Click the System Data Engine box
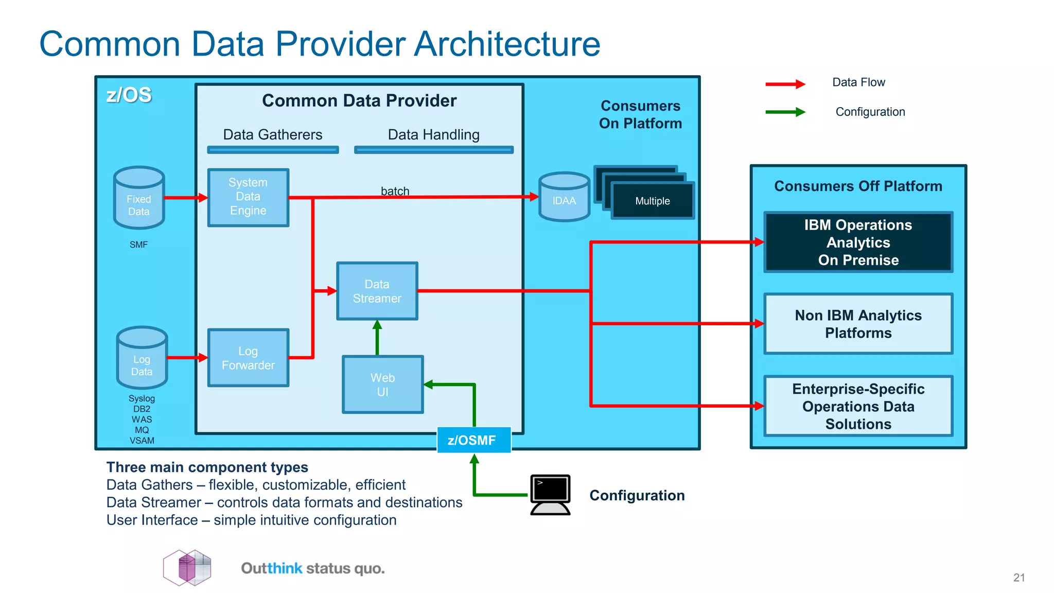248,197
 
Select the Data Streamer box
377,291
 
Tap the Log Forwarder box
248,358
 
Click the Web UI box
382,385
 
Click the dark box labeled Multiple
652,201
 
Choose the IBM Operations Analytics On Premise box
858,242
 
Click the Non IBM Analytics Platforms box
858,324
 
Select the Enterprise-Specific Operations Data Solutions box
858,406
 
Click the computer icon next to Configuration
550,494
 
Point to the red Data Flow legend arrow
785,84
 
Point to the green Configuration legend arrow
785,112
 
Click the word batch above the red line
395,191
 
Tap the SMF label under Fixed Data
138,245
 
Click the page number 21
1018,578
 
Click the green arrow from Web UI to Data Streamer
377,338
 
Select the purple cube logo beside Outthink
187,568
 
